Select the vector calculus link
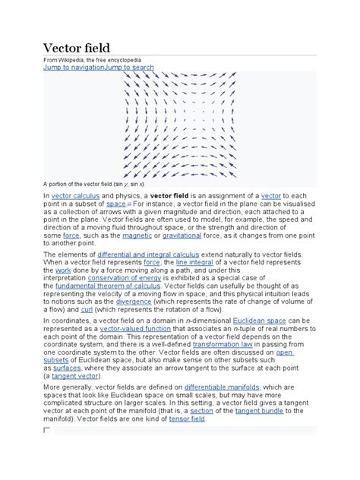pyautogui.click(x=74, y=196)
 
